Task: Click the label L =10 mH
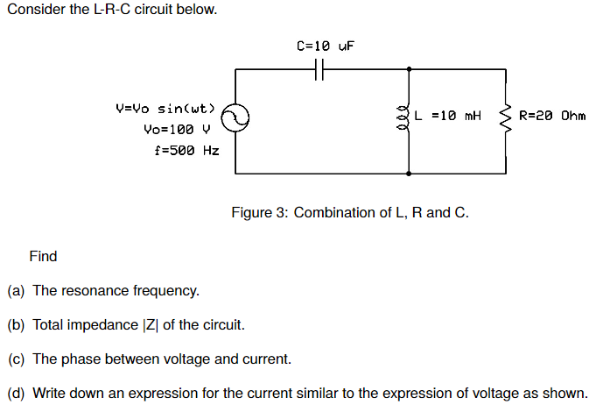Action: (x=449, y=115)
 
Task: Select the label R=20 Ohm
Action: (x=551, y=115)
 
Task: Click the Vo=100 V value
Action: (x=178, y=129)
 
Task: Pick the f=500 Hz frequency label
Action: (x=186, y=150)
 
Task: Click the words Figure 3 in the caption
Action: (x=259, y=212)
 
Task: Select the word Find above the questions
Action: (x=43, y=256)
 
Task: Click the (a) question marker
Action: (x=17, y=290)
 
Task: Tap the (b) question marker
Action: (x=17, y=324)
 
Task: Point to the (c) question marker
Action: (x=17, y=359)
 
